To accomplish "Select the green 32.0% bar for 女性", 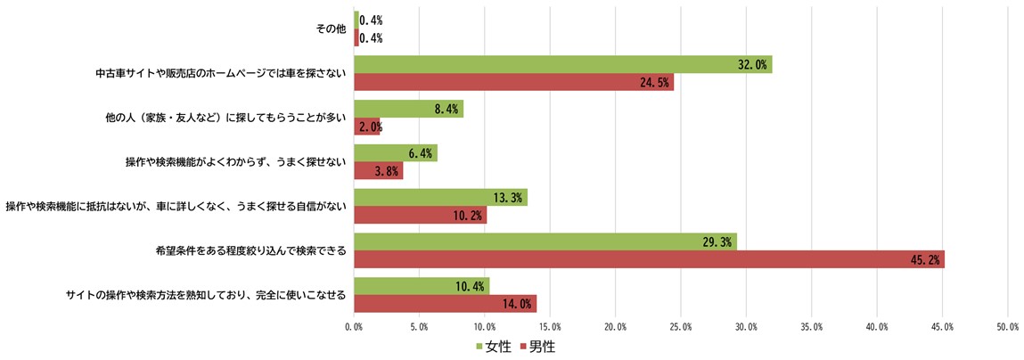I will point(562,64).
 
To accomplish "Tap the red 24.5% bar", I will point(513,82).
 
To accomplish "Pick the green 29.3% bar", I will point(545,241).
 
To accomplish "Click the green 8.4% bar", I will point(408,109).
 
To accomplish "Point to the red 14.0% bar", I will point(445,304).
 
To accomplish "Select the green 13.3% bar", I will point(440,197).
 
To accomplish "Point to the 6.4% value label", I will point(420,153).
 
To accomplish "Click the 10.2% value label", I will point(471,215).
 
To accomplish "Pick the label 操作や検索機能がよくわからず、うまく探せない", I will point(235,162).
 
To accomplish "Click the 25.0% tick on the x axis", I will point(681,328).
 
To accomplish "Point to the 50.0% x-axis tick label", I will point(1007,328).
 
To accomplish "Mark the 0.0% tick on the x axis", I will point(354,328).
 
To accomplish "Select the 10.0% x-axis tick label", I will point(484,328).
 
